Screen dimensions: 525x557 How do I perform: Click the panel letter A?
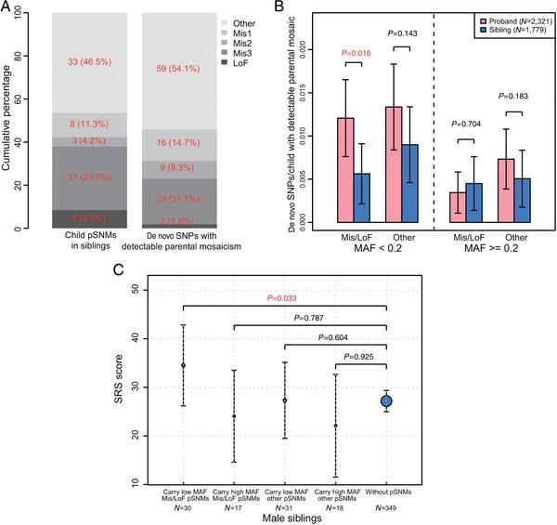8,9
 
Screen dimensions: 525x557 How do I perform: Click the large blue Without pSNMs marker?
385,400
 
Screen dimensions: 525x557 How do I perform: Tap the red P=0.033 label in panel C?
284,299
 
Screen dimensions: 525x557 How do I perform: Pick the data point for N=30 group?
182,365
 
